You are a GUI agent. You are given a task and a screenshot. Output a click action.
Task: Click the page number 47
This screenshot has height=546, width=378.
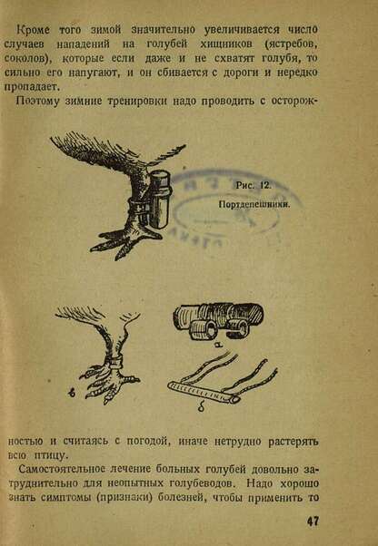[x=313, y=522]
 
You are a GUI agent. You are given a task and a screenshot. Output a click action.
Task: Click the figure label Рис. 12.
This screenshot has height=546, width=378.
[x=254, y=186]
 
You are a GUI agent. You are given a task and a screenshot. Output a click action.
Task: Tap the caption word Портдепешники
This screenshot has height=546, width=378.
[x=254, y=204]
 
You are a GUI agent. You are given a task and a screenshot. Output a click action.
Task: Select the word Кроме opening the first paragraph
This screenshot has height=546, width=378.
[x=34, y=30]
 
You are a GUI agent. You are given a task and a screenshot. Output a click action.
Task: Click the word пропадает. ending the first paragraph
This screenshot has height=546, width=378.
[x=28, y=87]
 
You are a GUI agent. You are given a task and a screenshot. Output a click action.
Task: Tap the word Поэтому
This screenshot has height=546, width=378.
[x=38, y=101]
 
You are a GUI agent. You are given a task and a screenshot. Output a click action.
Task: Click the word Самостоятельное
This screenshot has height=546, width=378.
[x=62, y=469]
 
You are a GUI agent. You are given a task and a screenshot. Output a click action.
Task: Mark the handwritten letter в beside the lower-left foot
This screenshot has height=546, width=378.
[x=71, y=393]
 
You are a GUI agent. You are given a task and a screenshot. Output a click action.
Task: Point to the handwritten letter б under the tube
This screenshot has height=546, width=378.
[x=201, y=408]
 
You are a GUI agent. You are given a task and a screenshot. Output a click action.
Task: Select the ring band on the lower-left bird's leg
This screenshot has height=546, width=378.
[x=115, y=362]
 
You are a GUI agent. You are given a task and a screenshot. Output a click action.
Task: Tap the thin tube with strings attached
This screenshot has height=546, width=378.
[x=204, y=393]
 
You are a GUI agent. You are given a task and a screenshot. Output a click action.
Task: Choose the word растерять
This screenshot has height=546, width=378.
[x=293, y=442]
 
